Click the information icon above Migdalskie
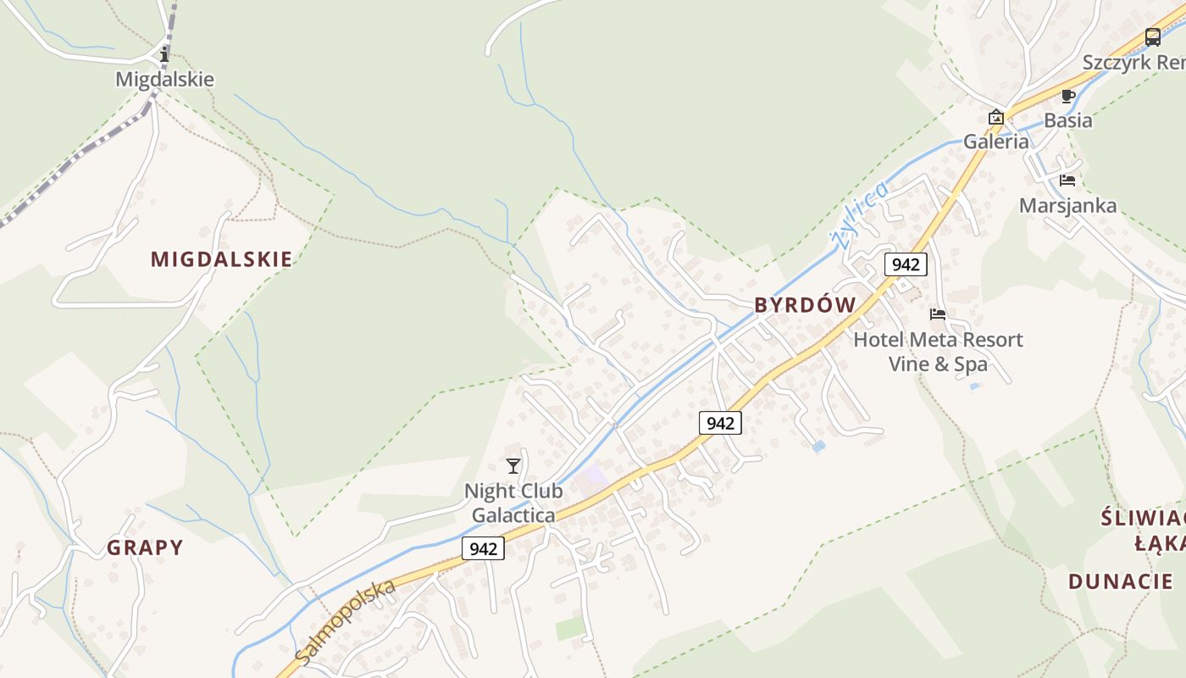coord(164,55)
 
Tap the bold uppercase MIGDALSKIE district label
coord(221,259)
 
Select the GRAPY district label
coord(145,547)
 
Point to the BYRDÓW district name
coord(805,305)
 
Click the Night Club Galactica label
coord(513,503)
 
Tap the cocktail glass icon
coord(513,465)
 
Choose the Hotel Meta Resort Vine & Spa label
coord(938,352)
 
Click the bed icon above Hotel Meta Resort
coord(938,314)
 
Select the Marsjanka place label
coord(1067,205)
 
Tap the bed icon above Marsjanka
coord(1067,180)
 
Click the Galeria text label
coord(996,142)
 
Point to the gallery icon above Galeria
coord(996,117)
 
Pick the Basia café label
coord(1067,120)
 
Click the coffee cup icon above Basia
coord(1067,96)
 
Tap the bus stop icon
coord(1152,37)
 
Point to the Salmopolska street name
coord(346,621)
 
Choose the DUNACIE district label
coord(1120,581)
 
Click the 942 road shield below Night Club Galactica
coord(483,548)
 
